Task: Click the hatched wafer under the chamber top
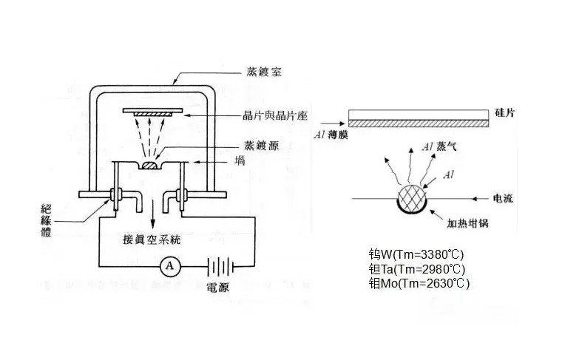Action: click(152, 112)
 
